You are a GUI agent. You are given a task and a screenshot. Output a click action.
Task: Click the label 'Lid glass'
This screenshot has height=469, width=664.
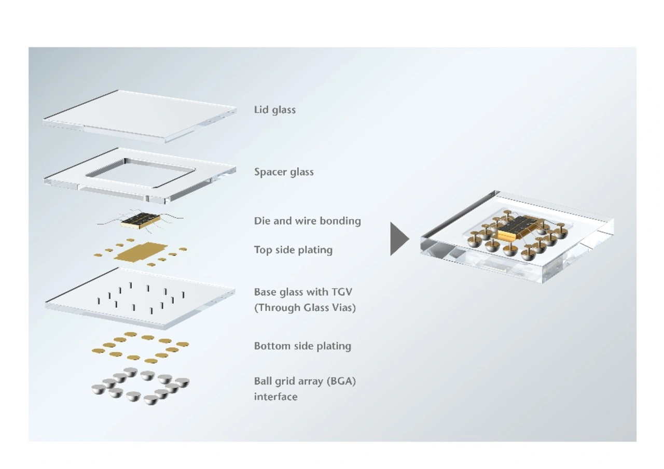274,110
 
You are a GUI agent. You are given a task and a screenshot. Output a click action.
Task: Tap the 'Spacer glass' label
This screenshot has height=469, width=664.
284,172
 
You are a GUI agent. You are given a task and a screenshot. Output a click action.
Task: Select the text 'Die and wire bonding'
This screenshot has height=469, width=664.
307,221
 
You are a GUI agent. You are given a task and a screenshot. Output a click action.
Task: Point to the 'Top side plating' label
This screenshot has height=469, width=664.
293,250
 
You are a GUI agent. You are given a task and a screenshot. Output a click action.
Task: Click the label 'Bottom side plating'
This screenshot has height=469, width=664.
302,346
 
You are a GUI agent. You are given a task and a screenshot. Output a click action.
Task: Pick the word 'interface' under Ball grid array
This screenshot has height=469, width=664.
275,396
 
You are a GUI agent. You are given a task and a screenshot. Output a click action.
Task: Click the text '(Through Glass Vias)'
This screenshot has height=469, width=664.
305,307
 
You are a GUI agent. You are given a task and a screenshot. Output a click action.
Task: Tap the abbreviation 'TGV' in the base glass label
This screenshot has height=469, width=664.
341,292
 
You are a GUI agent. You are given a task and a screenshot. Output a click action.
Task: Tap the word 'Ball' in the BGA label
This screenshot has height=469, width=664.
262,381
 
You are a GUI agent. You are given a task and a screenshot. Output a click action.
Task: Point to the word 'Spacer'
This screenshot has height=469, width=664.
269,172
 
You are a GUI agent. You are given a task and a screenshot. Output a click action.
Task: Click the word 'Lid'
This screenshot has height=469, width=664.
260,110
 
